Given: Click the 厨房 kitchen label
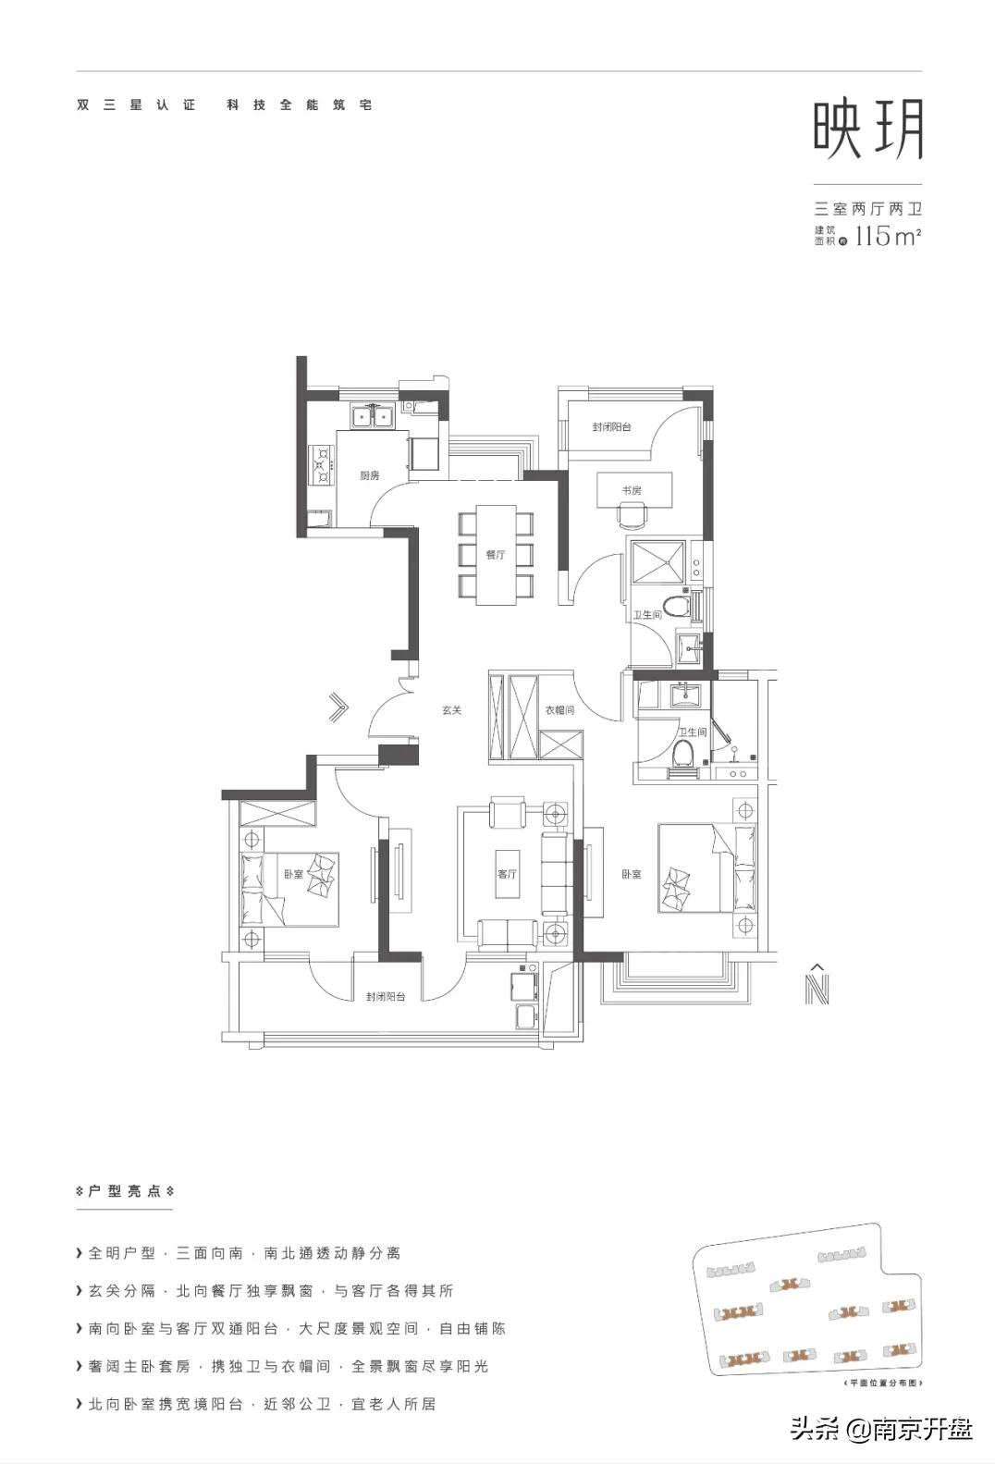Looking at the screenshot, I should [x=370, y=475].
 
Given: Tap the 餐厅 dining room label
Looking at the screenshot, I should [x=496, y=555].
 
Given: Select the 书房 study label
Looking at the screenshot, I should [x=632, y=490].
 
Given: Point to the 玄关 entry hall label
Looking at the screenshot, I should [x=451, y=710].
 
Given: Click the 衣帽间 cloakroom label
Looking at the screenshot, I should [x=559, y=710].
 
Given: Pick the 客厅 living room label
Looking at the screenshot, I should [x=507, y=874].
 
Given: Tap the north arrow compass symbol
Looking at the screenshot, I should [x=817, y=985].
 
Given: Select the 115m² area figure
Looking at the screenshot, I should [x=887, y=236].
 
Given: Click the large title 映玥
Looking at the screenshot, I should [x=868, y=130].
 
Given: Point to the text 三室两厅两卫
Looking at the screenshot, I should [x=867, y=209].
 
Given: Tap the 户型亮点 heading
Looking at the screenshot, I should [x=125, y=1191].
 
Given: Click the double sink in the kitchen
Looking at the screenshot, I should [x=374, y=418].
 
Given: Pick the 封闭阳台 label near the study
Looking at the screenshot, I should [x=612, y=427].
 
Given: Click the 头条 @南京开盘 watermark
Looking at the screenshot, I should [x=881, y=1430].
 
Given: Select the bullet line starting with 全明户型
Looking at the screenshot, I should [x=244, y=1253].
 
